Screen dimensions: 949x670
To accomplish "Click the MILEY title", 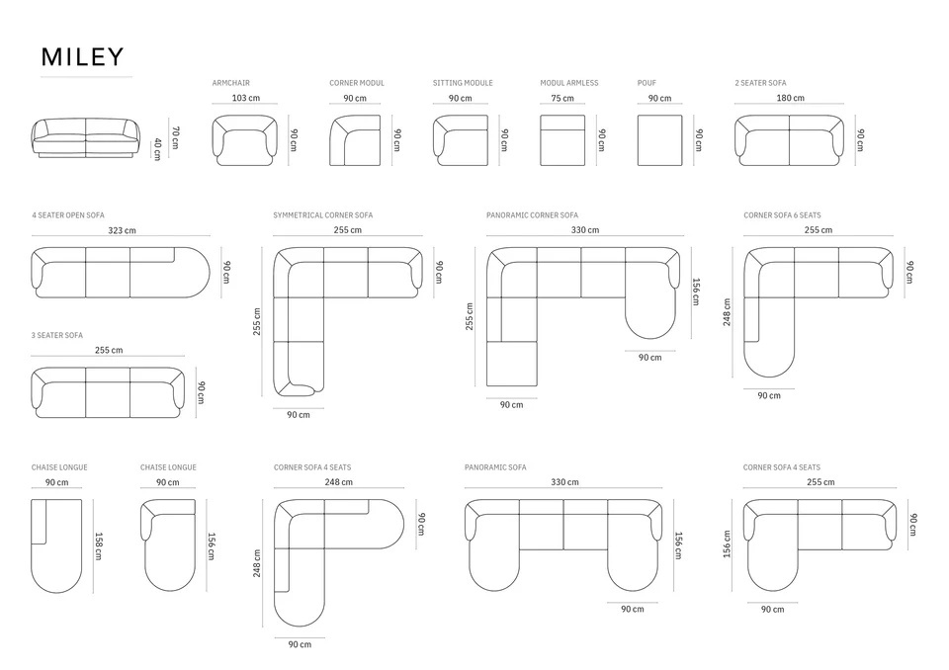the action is pos(82,57).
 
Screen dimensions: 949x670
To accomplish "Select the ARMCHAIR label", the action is pos(230,83).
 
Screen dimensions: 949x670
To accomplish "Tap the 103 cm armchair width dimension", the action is pos(246,98).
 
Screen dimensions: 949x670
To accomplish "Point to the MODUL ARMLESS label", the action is pos(569,83).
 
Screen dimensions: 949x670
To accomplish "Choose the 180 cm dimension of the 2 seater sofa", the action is pos(791,98).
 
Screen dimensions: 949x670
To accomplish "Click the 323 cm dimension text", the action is pos(122,230).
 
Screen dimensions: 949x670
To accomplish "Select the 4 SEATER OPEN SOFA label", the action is pos(68,214).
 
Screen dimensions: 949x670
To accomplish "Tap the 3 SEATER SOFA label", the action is pos(57,335).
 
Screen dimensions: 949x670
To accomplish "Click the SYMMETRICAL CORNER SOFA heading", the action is pos(322,214).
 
